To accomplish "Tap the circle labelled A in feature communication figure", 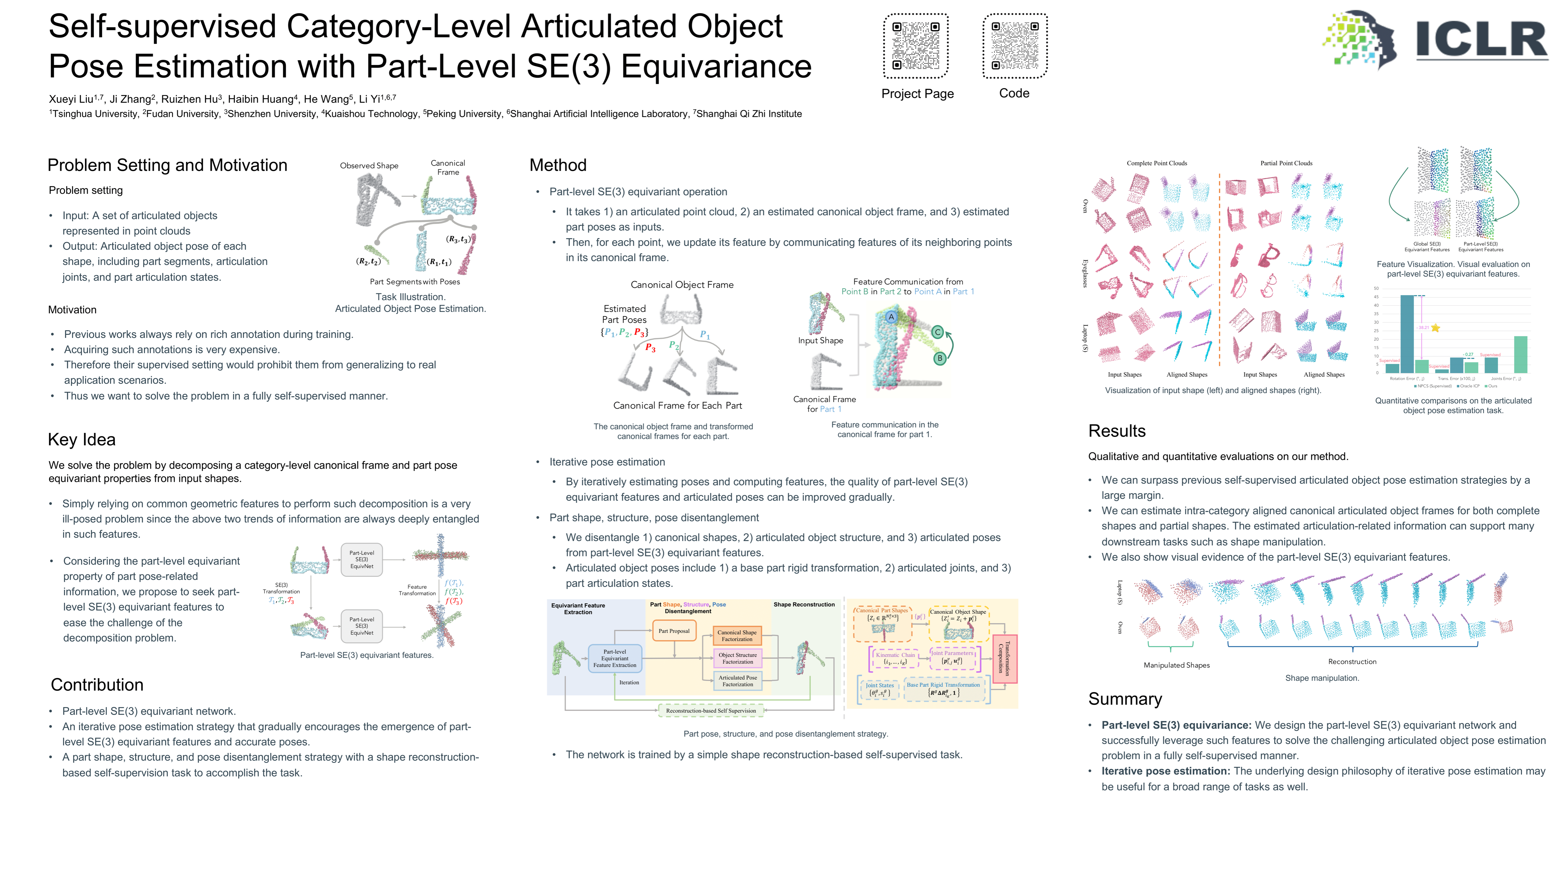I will [x=891, y=317].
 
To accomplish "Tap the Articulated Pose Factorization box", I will [x=738, y=681].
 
